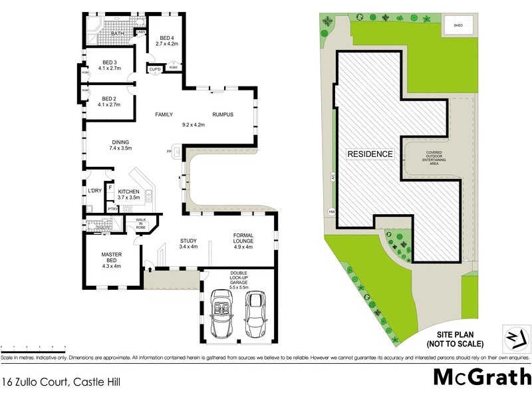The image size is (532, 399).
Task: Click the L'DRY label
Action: (94, 192)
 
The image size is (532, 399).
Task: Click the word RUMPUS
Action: (223, 115)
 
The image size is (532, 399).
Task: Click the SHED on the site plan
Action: (458, 26)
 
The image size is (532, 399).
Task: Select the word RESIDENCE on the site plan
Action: (370, 154)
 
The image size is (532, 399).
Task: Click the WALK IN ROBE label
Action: (141, 223)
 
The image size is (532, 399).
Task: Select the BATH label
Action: (118, 33)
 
